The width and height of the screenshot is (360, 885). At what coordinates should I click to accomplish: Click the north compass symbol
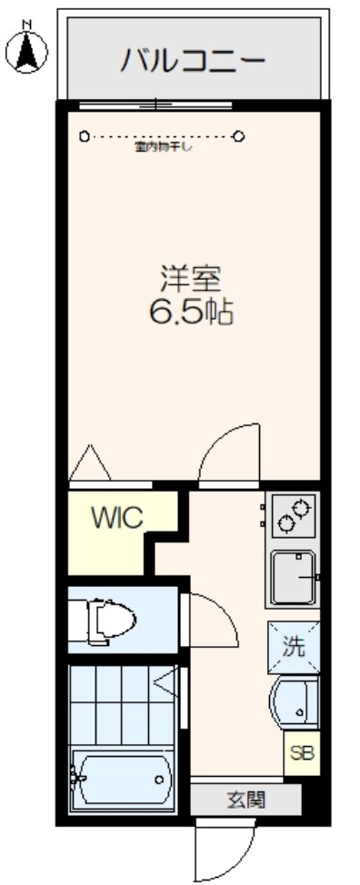coord(25,49)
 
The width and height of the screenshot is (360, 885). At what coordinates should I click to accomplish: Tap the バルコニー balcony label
coord(193,61)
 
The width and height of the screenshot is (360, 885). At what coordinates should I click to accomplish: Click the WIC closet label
coord(116,519)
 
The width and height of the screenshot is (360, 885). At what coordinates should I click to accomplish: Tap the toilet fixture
coord(107,621)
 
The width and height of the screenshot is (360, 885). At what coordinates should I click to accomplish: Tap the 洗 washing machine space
coord(293,647)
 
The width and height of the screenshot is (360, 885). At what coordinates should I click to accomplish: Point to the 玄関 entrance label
coord(245,800)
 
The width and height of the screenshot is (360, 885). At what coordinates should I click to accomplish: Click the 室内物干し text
coord(164,148)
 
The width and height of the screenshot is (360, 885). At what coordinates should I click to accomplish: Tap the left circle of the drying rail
coord(85,137)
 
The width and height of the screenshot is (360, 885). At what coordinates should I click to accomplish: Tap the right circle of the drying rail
coord(240,137)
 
